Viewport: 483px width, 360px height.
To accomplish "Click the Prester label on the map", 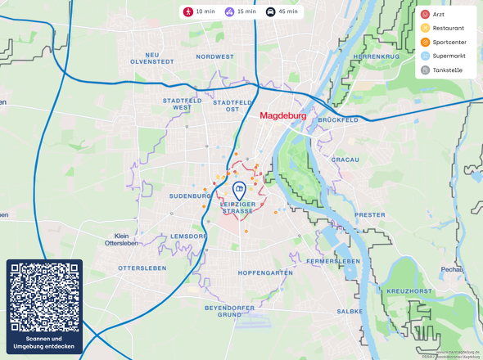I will click(x=370, y=214).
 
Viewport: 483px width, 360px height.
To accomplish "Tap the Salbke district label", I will click(x=350, y=312).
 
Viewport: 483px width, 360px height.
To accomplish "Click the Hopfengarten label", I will click(x=264, y=272).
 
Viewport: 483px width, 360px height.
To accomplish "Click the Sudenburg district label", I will click(x=190, y=196).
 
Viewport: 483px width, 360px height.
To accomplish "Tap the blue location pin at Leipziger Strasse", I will click(x=238, y=190).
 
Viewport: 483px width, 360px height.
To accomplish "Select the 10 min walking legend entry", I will click(x=200, y=12).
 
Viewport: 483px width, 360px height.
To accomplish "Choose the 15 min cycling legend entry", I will click(x=240, y=12).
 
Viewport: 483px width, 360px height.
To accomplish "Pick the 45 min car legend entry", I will click(x=282, y=12).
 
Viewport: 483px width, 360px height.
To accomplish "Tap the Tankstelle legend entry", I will click(x=447, y=70).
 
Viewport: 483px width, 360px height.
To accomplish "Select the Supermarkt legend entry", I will click(x=449, y=56).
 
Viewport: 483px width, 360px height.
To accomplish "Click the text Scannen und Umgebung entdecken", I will click(x=44, y=343).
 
